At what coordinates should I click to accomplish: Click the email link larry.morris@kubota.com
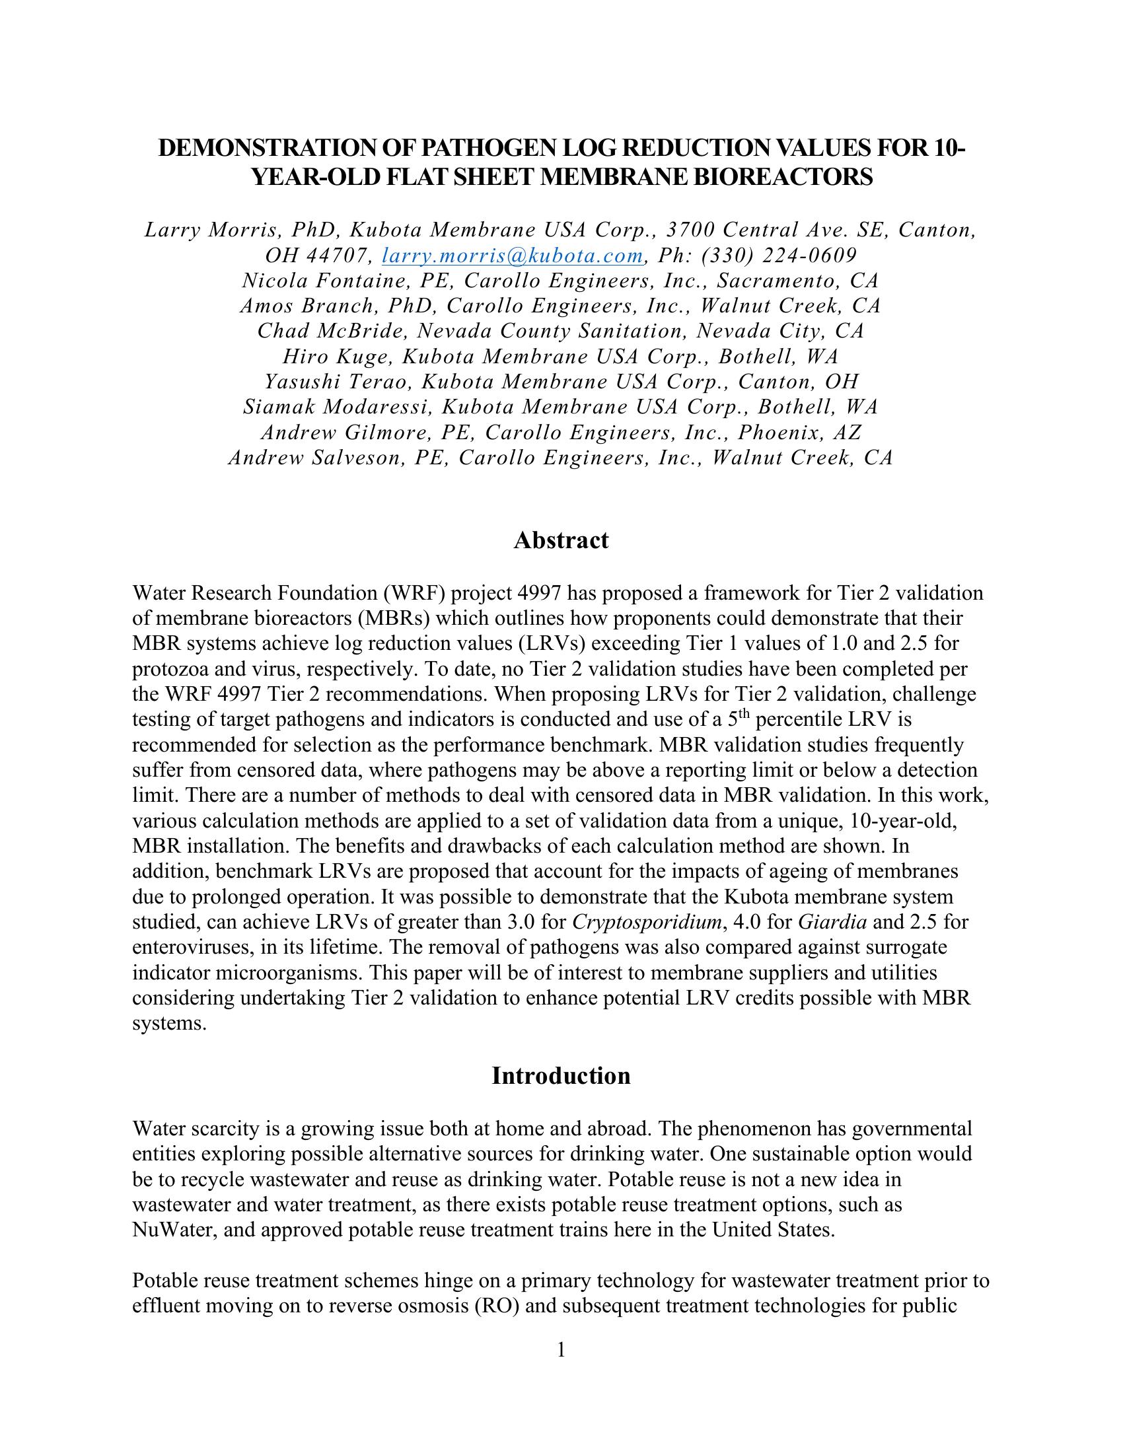[512, 256]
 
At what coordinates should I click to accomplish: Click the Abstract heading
[561, 540]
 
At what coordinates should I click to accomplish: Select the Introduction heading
[561, 1076]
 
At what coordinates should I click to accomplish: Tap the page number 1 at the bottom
[561, 1350]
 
